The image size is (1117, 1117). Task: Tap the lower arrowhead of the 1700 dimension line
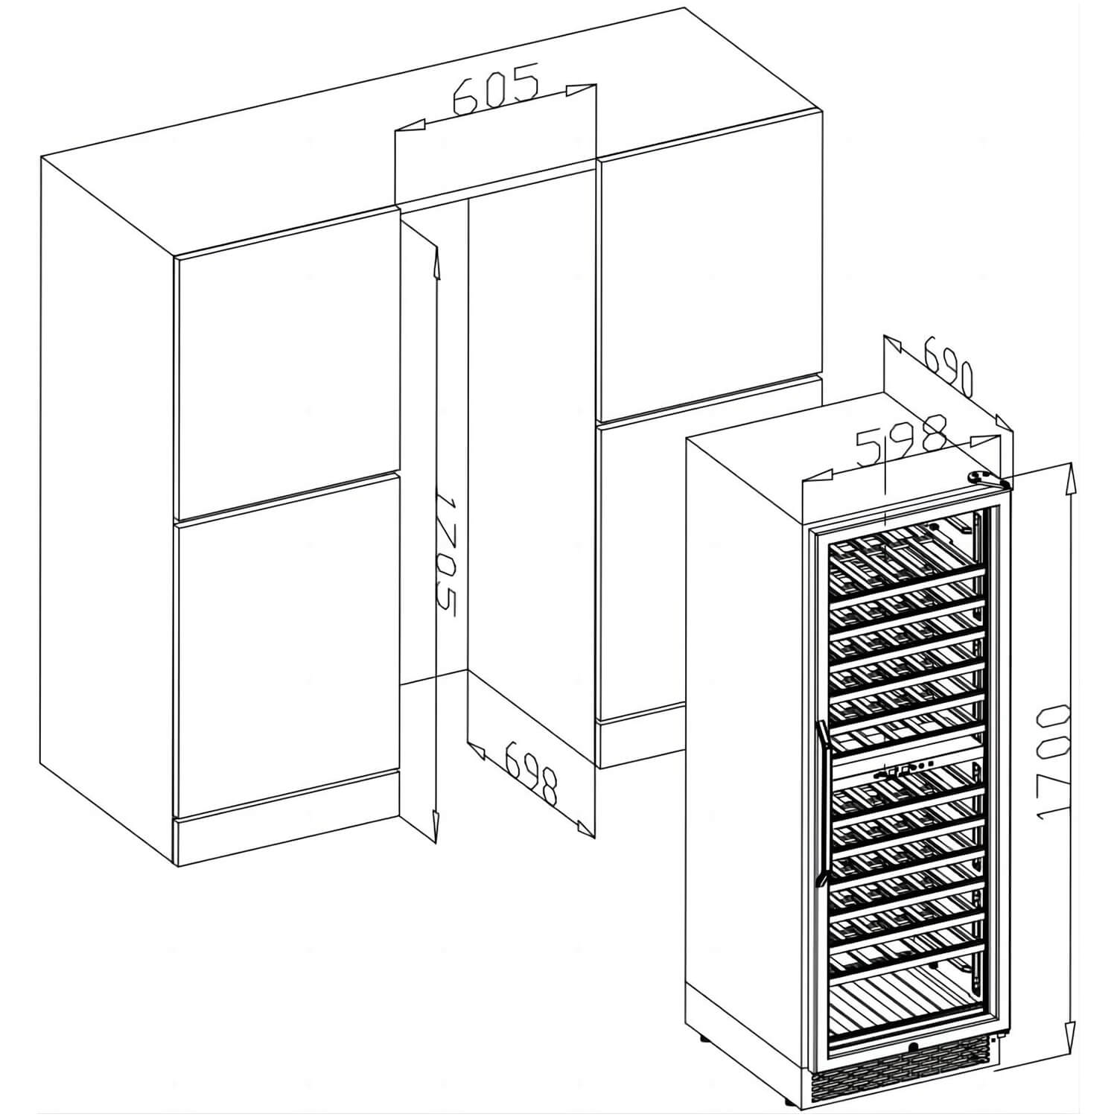pos(1070,1023)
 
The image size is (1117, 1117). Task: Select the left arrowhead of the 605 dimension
pos(409,127)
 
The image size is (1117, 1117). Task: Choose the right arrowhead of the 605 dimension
pos(582,89)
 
